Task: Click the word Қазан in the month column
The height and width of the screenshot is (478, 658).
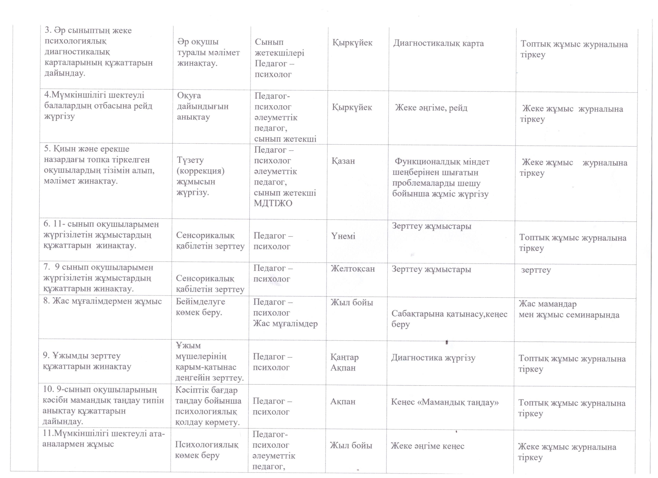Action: pyautogui.click(x=343, y=161)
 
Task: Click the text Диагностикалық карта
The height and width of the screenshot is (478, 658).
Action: pyautogui.click(x=438, y=43)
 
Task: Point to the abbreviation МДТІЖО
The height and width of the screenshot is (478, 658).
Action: pyautogui.click(x=273, y=203)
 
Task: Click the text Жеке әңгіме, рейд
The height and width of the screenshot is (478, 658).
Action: pyautogui.click(x=431, y=108)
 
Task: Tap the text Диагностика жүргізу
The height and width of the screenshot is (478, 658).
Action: pyautogui.click(x=433, y=358)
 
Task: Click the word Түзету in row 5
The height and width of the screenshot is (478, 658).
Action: pyautogui.click(x=190, y=160)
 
